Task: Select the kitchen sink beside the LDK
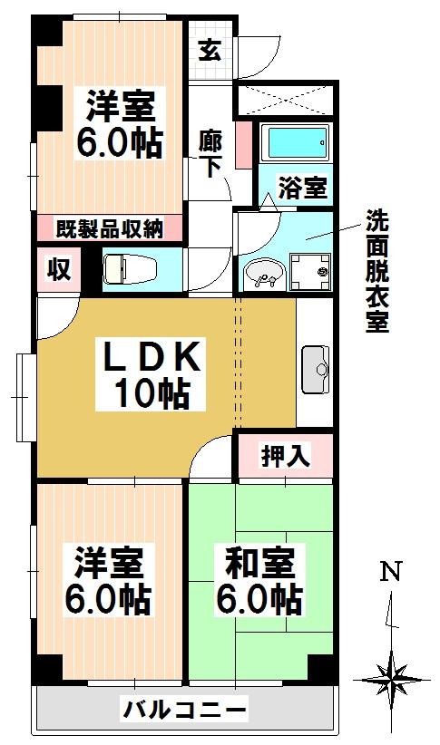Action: [316, 370]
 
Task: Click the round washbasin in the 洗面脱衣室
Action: [264, 275]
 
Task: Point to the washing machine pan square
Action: [310, 271]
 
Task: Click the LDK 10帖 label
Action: [151, 374]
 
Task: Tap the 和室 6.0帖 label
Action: [259, 581]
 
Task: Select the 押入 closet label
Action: [286, 455]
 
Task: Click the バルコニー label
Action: [185, 711]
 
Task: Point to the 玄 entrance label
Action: [210, 51]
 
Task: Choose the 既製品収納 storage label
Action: [110, 229]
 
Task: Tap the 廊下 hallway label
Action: [210, 153]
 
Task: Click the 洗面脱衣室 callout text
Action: [377, 271]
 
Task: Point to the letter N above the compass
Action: [390, 571]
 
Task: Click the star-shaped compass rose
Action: [392, 680]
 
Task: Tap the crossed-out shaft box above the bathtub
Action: [283, 100]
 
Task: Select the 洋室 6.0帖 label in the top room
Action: [120, 123]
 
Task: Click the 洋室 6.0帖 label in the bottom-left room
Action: [109, 581]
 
